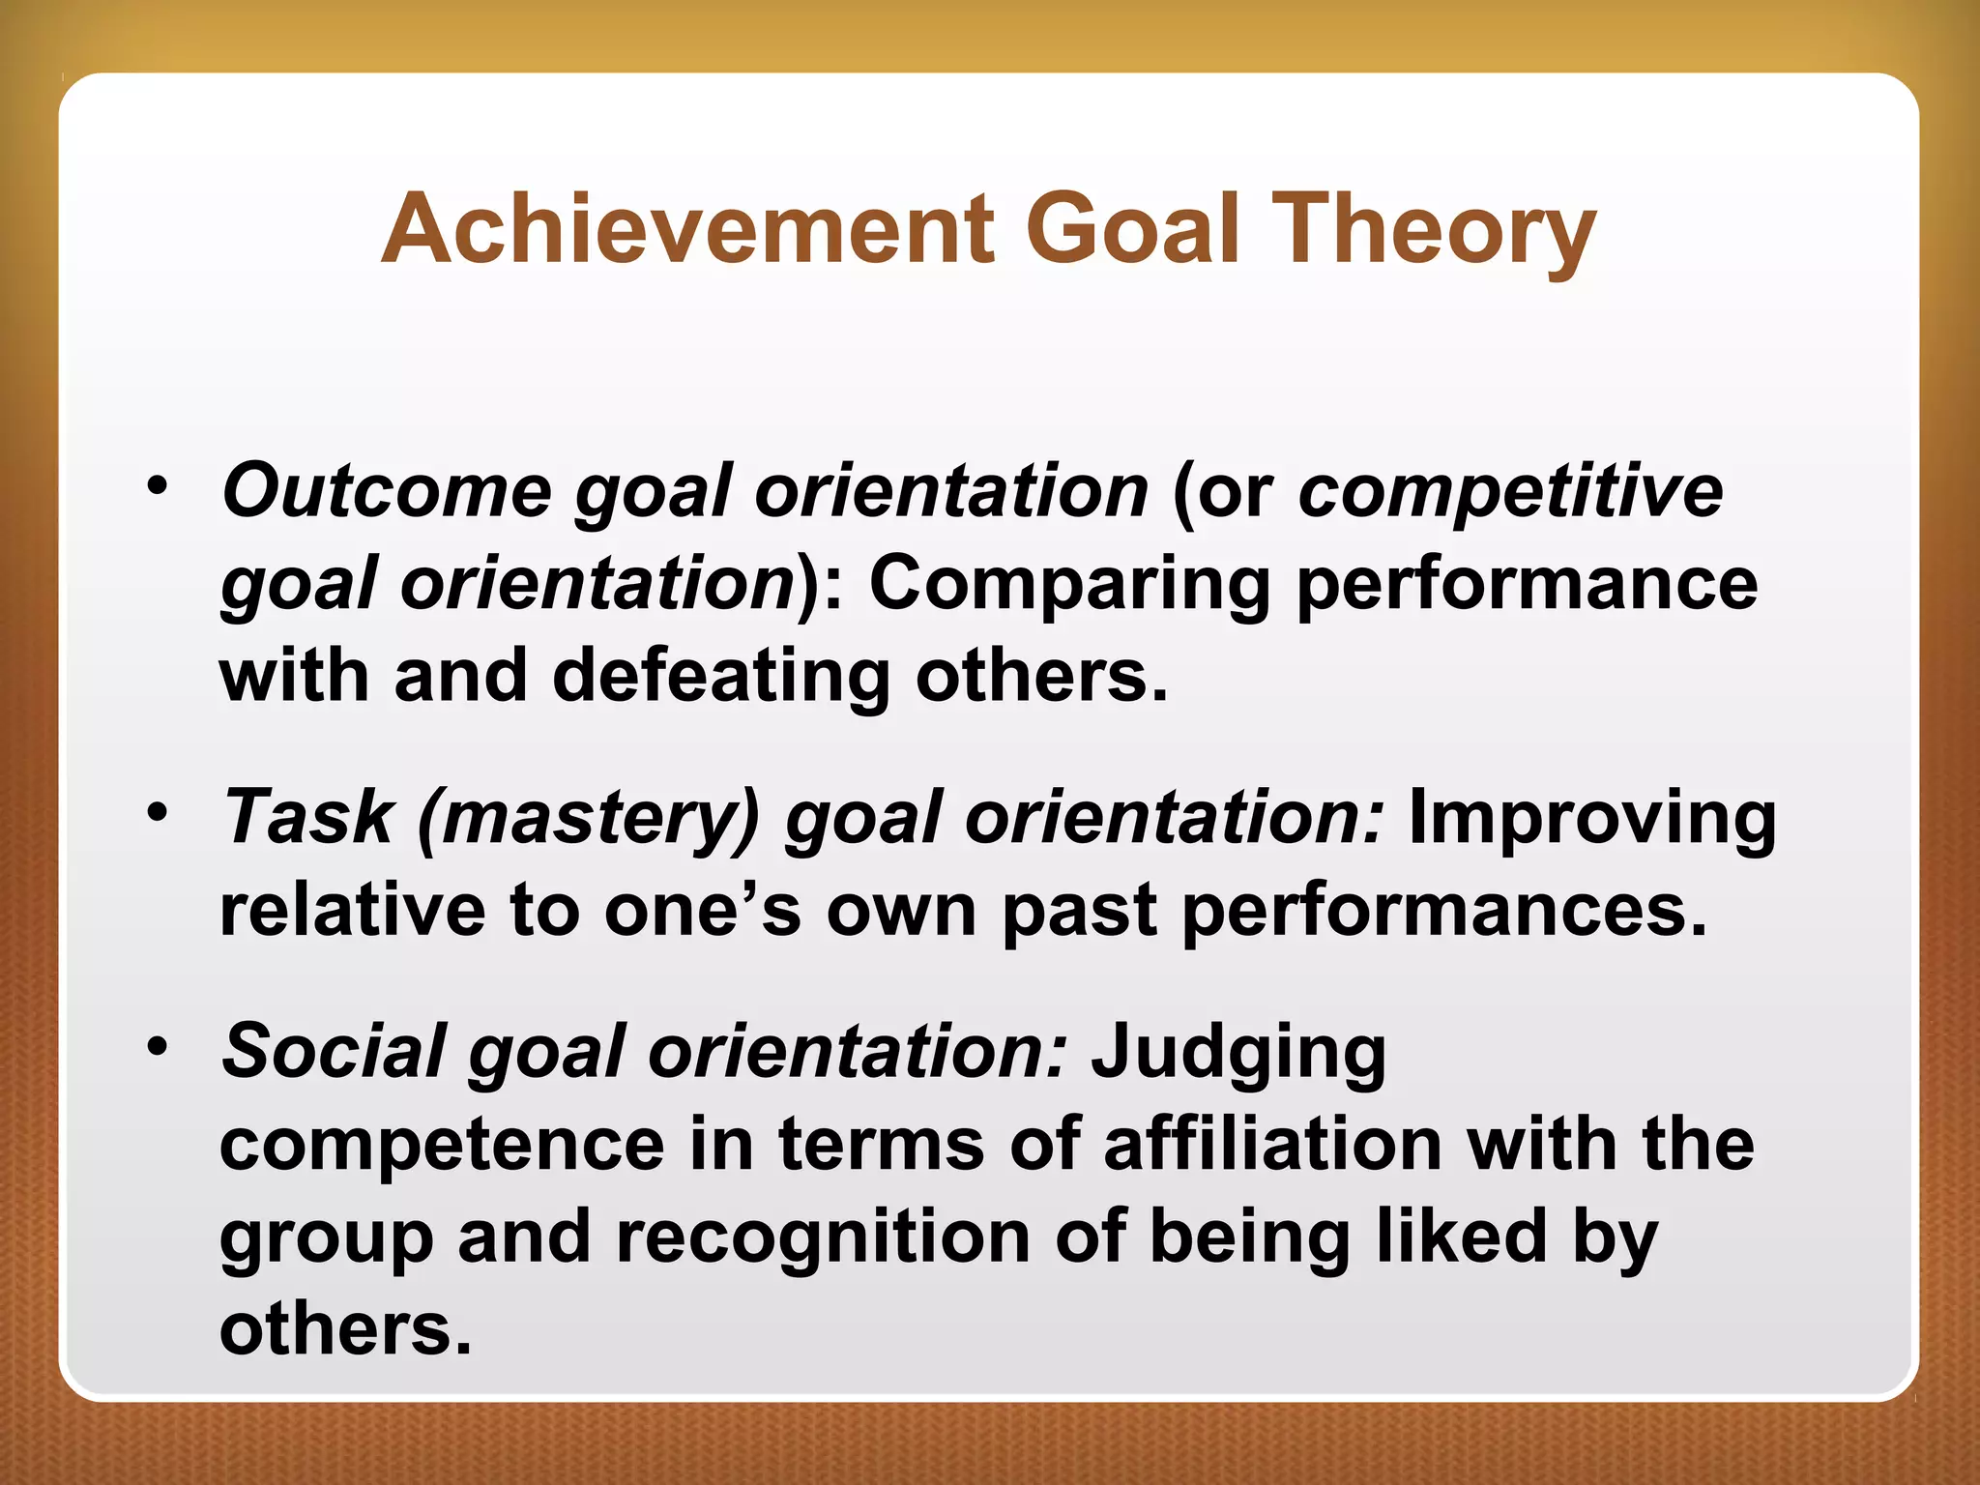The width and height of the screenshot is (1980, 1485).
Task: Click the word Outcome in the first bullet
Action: [x=387, y=491]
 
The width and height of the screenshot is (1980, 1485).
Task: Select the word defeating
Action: [x=721, y=676]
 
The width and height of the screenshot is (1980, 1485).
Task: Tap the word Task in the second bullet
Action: [x=307, y=818]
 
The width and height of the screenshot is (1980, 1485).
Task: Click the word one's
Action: [x=703, y=911]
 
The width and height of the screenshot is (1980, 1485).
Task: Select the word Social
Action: [x=334, y=1051]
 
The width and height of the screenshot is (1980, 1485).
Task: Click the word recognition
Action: [x=823, y=1237]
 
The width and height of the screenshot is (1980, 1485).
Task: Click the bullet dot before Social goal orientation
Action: [x=158, y=1046]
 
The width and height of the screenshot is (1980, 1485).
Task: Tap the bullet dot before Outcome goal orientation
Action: [x=158, y=485]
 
